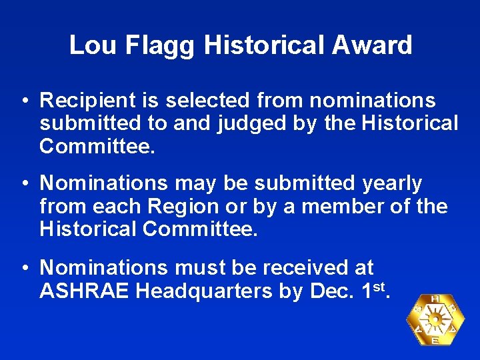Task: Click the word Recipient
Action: [86, 101]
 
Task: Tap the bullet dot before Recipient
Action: [24, 101]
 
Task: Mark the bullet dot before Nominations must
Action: [24, 268]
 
